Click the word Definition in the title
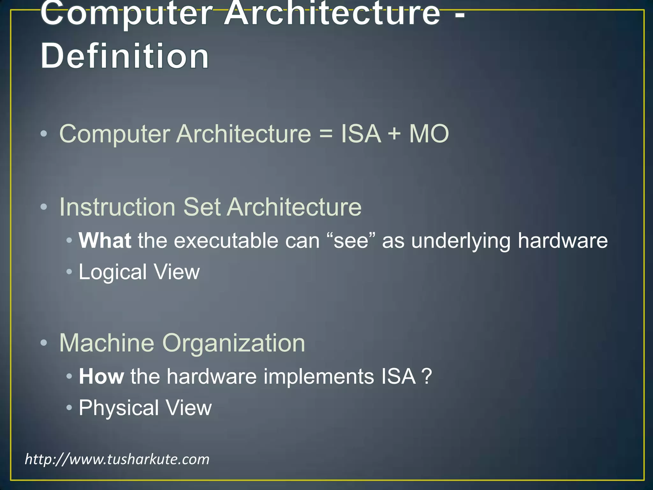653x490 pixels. pyautogui.click(x=125, y=56)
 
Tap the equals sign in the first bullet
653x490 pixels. pyautogui.click(x=326, y=133)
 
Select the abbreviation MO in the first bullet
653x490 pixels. pyautogui.click(x=429, y=133)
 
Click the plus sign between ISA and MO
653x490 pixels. pyautogui.click(x=394, y=133)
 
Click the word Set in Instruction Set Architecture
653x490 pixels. pyautogui.click(x=202, y=207)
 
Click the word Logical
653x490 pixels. pyautogui.click(x=113, y=272)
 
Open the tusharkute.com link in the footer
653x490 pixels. pyautogui.click(x=117, y=459)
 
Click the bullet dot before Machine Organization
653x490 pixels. pyautogui.click(x=44, y=343)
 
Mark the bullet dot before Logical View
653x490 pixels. pyautogui.click(x=69, y=272)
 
